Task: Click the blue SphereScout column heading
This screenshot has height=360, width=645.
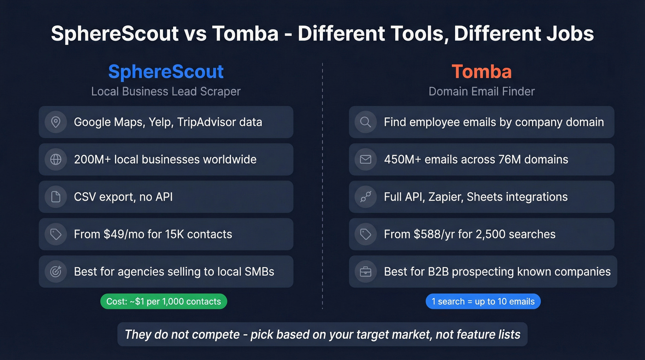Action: pos(166,72)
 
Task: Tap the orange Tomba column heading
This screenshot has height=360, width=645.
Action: pos(481,72)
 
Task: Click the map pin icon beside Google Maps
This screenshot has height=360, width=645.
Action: pos(56,122)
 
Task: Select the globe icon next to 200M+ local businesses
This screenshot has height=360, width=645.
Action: pos(56,159)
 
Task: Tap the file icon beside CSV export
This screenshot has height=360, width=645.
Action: pos(56,197)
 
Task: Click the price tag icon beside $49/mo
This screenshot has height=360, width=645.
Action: pos(56,234)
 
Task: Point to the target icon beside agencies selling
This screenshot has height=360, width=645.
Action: pos(56,271)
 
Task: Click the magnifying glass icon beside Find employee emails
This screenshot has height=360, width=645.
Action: pos(366,122)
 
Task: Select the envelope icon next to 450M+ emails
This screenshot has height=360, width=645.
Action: pos(366,159)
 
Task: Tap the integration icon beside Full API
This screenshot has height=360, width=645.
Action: pos(366,197)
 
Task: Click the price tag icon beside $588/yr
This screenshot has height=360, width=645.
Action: pos(366,234)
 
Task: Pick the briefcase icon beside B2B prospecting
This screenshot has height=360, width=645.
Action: pos(366,271)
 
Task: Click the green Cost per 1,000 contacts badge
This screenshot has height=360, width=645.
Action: pos(164,301)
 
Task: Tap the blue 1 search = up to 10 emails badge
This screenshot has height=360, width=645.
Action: pos(483,301)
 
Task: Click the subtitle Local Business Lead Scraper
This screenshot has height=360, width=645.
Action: pos(166,91)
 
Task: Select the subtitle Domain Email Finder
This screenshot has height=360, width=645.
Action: pos(481,91)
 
